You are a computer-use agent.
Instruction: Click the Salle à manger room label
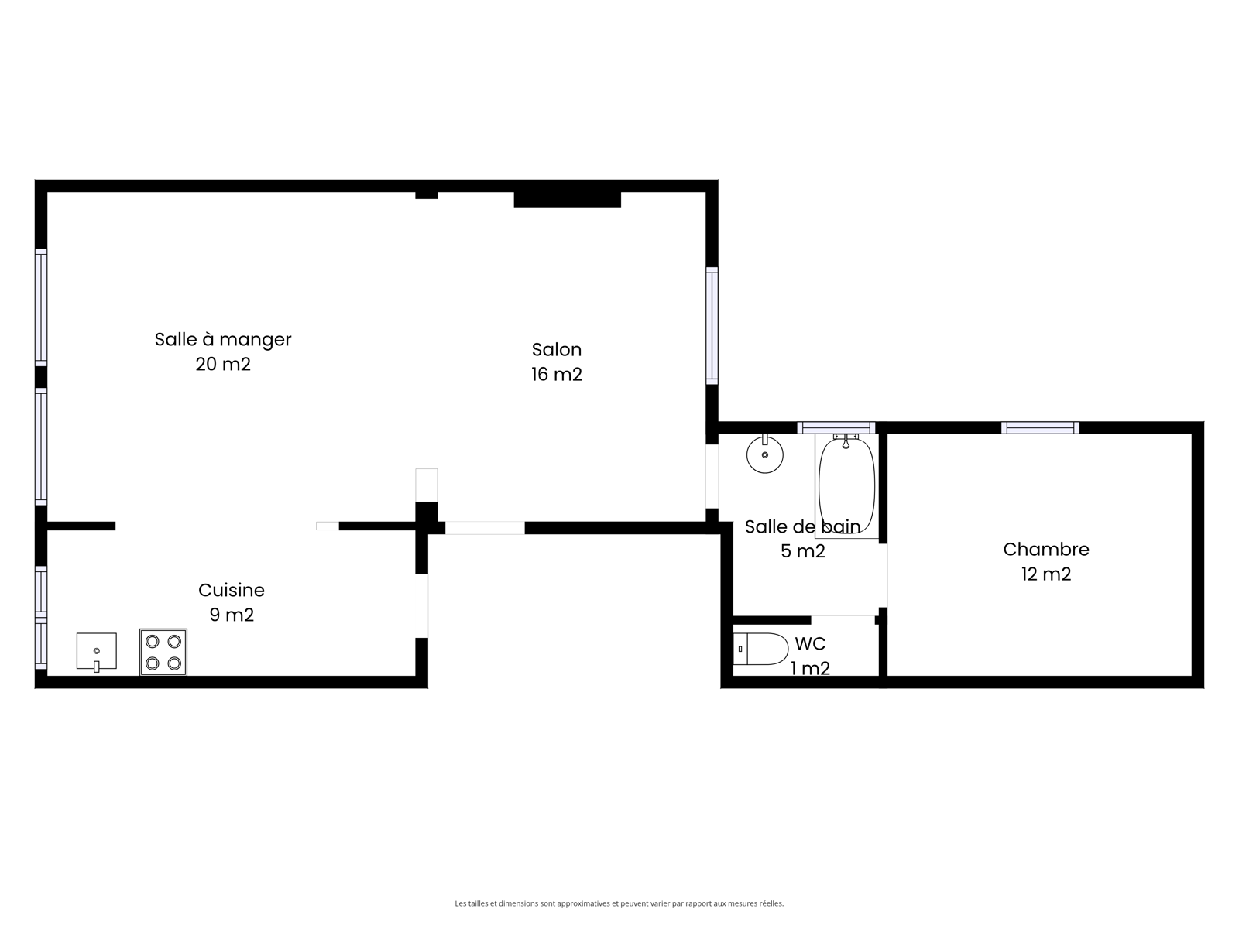pos(223,340)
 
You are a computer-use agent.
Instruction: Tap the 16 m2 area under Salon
pos(557,375)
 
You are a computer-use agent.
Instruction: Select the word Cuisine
pos(232,590)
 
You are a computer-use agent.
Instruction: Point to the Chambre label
pos(1046,550)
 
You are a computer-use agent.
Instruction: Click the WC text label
pos(810,643)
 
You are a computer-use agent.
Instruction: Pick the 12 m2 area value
pos(1046,574)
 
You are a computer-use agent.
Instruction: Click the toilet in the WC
pos(760,649)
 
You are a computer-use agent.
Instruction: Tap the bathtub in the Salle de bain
pos(846,485)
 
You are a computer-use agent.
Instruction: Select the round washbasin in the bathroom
pos(765,454)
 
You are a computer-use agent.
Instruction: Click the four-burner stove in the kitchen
pos(163,652)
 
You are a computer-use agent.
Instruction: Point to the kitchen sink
pos(97,652)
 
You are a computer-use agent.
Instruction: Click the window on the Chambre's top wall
pos(1040,427)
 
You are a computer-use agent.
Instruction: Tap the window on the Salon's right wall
pos(712,326)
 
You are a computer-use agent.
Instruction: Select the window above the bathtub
pos(836,427)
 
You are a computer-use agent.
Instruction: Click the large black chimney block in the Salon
pos(568,200)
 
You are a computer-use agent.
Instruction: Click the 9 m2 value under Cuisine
pos(232,615)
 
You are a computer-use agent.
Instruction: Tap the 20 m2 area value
pos(223,365)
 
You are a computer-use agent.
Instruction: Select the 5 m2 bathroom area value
pos(803,551)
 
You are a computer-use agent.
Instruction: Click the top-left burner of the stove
pos(153,641)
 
